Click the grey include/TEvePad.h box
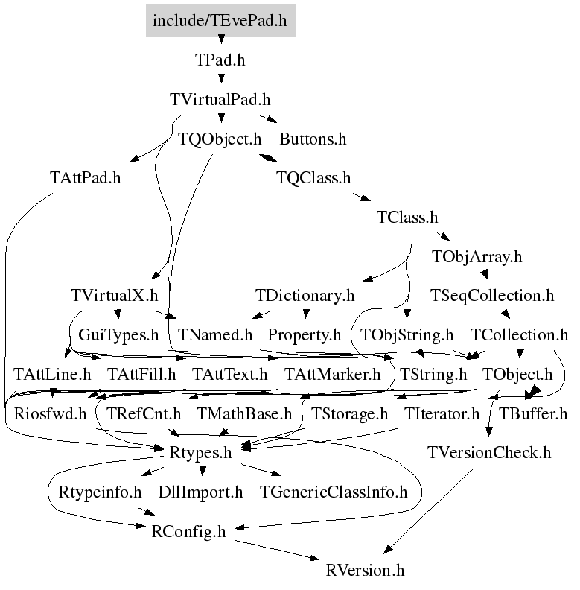pos(220,20)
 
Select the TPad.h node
pos(220,60)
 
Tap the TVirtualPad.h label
pos(220,99)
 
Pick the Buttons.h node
pos(313,139)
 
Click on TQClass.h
pos(313,178)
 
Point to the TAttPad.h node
pos(86,178)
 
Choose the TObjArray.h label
pos(477,257)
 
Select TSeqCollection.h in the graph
pos(492,296)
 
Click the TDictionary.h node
pos(305,296)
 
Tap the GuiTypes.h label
pos(119,335)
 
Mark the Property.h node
pos(304,335)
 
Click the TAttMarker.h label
pos(332,374)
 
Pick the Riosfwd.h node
pos(46,413)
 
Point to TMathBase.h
pos(244,413)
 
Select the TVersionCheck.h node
pos(489,453)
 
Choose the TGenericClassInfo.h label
pos(334,492)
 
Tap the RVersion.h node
pos(366,571)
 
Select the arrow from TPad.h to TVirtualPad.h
pos(220,79)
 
